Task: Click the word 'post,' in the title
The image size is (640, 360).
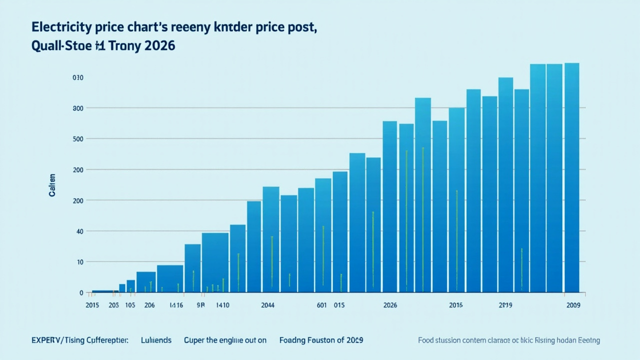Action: (x=300, y=27)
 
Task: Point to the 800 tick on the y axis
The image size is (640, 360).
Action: (x=77, y=108)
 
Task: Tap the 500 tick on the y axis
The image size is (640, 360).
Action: (x=77, y=138)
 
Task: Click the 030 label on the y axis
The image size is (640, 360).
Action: (x=77, y=77)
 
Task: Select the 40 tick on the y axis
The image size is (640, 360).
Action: (x=78, y=231)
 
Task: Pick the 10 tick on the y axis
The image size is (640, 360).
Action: (x=79, y=261)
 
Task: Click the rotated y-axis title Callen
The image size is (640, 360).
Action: (x=52, y=185)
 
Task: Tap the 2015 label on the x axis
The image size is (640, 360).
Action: (x=92, y=305)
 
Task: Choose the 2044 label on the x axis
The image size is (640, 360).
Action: (x=268, y=305)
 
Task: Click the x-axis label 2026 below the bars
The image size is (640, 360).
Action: (x=390, y=305)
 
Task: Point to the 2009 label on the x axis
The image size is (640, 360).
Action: (x=573, y=305)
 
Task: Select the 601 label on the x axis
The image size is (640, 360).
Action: (x=321, y=305)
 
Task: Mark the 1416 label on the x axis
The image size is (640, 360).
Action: (x=176, y=305)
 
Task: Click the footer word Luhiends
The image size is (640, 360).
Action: (x=156, y=340)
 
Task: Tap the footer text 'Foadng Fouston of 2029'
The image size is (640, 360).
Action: (x=321, y=340)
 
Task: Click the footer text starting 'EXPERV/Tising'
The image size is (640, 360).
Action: (x=79, y=340)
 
